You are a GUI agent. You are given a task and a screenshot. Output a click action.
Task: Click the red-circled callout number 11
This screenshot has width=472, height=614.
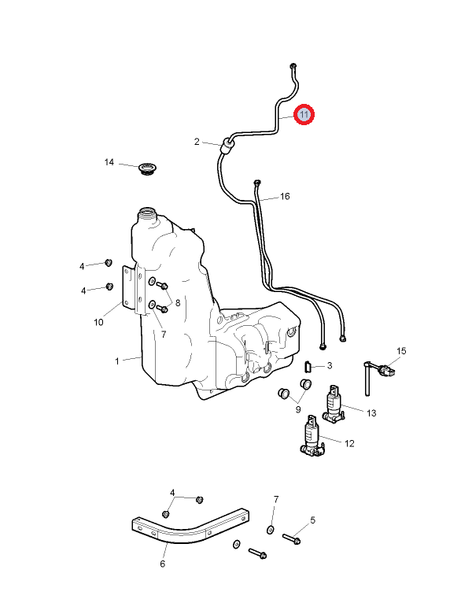304,115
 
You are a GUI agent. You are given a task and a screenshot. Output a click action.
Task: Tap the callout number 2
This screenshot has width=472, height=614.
197,142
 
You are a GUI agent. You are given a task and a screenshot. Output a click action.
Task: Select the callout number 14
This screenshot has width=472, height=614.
110,162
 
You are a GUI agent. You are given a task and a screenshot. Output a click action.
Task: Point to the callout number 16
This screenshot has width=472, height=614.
285,196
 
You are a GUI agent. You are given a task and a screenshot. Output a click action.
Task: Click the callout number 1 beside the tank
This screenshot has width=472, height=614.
117,361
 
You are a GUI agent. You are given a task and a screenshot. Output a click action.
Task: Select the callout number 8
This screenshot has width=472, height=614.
178,302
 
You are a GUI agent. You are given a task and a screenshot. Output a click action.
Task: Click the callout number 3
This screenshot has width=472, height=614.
330,365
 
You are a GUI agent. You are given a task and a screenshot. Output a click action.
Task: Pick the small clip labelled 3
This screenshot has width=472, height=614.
308,364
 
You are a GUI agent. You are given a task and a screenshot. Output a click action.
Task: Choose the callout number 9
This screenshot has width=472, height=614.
297,409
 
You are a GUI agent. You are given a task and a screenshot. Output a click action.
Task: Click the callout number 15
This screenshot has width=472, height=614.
401,350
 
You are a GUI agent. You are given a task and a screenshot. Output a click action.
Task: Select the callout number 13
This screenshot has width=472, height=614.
372,412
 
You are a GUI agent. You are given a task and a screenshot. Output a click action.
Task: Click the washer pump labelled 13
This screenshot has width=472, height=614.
335,401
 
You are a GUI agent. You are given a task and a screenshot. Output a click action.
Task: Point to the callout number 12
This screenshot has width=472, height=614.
349,443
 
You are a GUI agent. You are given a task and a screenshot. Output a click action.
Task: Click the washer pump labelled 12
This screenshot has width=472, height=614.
311,438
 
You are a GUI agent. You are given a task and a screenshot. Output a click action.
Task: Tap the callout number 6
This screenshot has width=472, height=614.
163,564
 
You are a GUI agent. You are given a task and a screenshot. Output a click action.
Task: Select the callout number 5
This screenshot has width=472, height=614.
312,520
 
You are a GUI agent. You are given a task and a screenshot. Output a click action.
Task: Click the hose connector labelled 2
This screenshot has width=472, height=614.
227,145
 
